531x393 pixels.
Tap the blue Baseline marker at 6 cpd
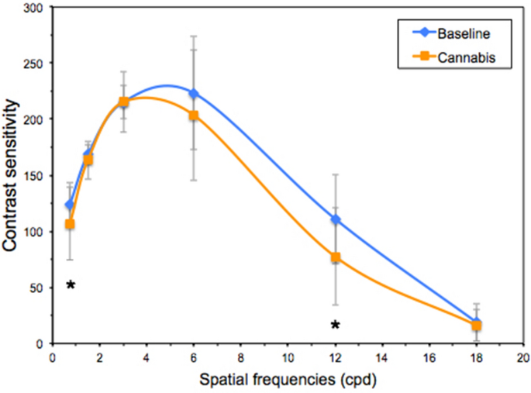pos(194,93)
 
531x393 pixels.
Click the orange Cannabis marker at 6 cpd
pos(194,115)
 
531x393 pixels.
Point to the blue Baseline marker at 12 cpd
pos(336,219)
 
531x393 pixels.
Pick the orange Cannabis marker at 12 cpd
pos(336,257)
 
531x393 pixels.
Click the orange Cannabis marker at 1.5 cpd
pos(88,160)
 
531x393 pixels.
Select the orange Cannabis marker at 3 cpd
pos(123,102)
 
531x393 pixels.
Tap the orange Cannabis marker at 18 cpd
pos(477,326)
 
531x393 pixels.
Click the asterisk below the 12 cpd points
pos(335,325)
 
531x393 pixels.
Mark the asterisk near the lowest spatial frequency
pos(71,285)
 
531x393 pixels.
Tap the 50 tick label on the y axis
pos(38,288)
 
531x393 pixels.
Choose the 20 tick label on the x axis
pos(523,358)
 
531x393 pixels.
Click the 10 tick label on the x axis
pos(288,358)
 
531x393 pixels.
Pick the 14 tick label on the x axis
pos(382,358)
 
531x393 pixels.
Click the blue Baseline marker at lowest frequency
pos(70,205)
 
